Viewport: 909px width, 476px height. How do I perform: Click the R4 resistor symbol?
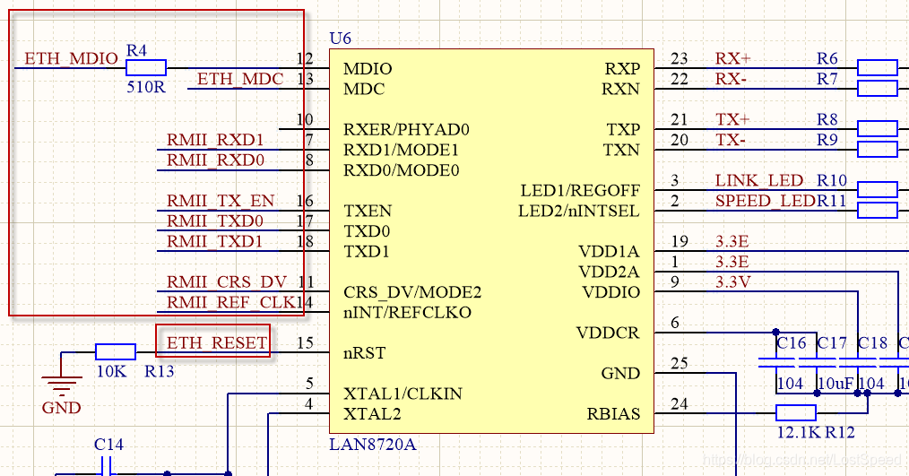(146, 67)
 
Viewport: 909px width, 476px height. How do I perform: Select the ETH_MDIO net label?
(71, 58)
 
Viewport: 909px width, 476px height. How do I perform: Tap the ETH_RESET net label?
(217, 342)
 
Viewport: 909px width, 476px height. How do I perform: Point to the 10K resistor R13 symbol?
(116, 351)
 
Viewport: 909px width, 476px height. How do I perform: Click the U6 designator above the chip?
(341, 38)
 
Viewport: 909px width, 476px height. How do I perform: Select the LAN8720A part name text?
(373, 444)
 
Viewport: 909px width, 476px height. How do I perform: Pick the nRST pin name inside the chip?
(364, 353)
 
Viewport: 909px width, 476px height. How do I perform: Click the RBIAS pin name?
(613, 413)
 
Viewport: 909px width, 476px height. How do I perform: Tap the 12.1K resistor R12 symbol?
(795, 412)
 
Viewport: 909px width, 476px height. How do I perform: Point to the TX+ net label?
(732, 119)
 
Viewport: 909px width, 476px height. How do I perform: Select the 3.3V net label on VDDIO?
(733, 282)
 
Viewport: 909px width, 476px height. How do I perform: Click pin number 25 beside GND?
(680, 363)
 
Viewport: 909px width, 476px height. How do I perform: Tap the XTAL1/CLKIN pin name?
(402, 393)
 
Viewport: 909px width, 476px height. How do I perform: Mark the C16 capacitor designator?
(791, 342)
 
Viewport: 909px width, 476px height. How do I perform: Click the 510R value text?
(145, 88)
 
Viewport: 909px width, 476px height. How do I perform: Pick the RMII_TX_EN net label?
(221, 200)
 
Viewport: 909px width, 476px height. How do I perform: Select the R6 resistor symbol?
(878, 67)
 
